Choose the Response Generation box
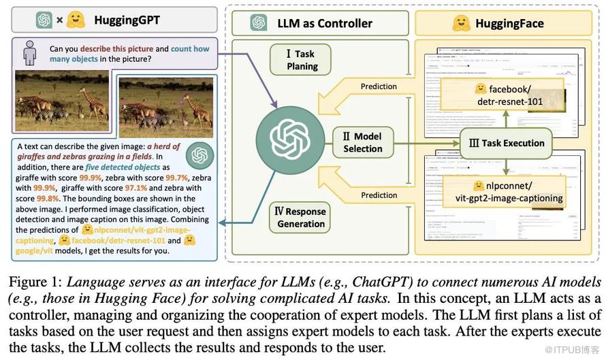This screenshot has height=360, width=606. (300, 216)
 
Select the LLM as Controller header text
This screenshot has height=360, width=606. (325, 22)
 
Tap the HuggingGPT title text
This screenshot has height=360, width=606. (126, 20)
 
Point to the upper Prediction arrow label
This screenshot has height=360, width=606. (379, 86)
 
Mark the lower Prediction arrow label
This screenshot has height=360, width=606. (379, 195)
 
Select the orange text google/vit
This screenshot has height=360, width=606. (35, 250)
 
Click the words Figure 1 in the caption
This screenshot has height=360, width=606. (33, 281)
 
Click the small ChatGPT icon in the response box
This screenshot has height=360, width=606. (199, 155)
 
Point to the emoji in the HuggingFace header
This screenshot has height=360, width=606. (462, 22)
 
